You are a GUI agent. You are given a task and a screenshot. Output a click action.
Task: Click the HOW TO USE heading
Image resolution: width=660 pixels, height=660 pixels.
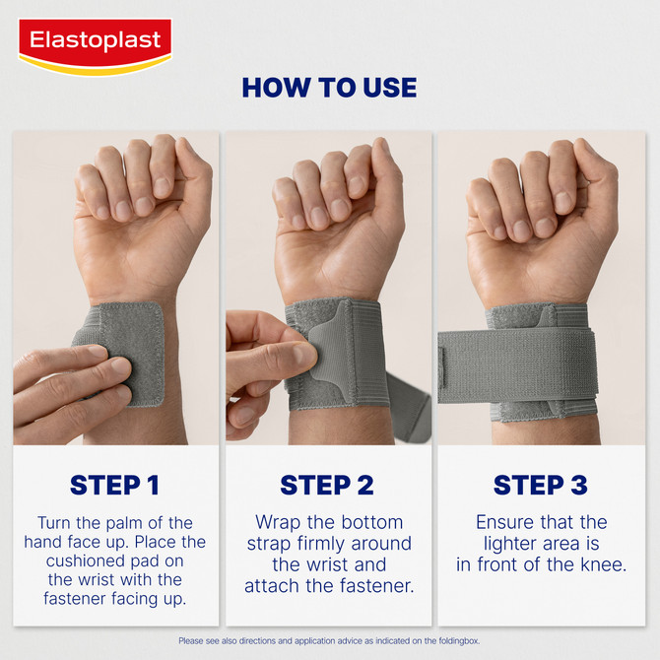click(x=329, y=87)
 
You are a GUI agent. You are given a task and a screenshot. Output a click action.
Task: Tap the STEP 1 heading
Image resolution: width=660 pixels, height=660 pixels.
click(x=114, y=485)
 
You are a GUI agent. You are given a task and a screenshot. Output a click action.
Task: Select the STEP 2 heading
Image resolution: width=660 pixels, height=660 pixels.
click(x=327, y=485)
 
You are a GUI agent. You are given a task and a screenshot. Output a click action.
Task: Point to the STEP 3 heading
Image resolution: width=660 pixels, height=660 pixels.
click(x=540, y=485)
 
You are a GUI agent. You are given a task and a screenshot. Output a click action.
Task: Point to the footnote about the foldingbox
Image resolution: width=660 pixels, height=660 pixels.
click(x=329, y=640)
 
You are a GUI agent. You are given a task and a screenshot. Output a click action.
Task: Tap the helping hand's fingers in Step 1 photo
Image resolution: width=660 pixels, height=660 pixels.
click(x=69, y=379)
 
